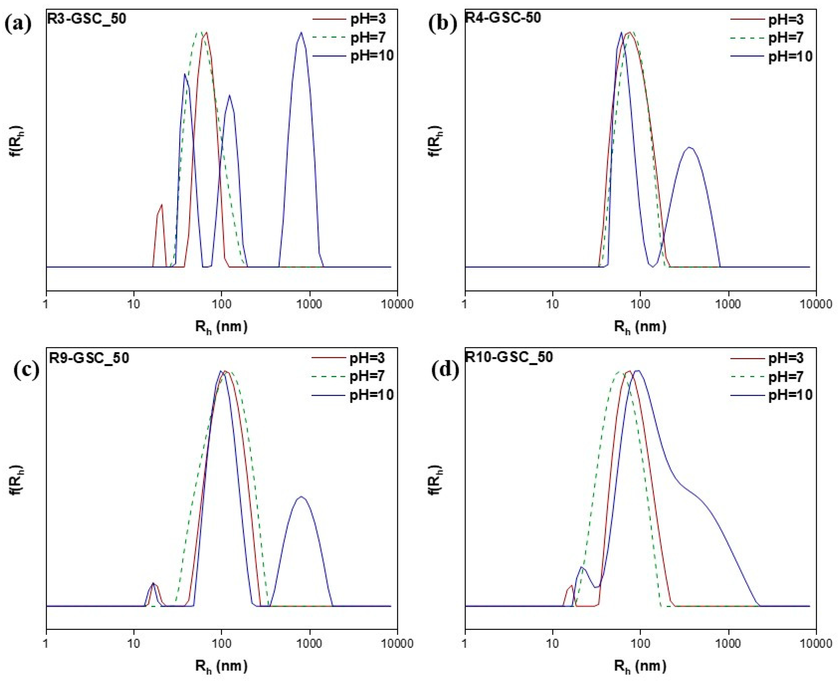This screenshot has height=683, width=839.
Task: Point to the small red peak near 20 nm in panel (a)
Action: [x=161, y=206]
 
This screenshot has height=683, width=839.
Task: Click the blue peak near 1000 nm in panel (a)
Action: [x=301, y=33]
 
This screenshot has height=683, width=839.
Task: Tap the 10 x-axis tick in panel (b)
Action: [x=553, y=304]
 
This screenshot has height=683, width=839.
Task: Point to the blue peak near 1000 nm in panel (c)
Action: [x=301, y=497]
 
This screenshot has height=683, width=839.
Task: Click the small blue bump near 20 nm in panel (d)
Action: [x=582, y=568]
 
